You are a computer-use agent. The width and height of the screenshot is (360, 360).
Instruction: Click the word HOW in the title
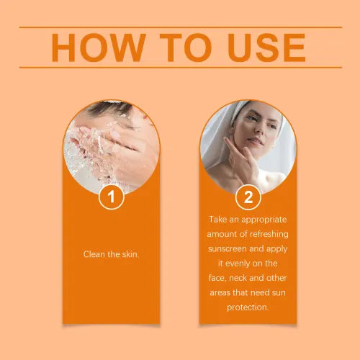[x=99, y=48]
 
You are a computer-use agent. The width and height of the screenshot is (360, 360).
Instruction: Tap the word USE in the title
[x=266, y=48]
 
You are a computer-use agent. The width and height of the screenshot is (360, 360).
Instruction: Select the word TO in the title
[x=186, y=48]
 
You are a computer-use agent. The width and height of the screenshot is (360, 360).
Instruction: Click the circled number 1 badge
[x=111, y=197]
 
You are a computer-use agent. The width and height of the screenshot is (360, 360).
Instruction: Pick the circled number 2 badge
[x=248, y=197]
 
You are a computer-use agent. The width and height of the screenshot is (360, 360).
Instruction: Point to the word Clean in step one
[x=94, y=254]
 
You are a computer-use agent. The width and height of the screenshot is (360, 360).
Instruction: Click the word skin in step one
[x=130, y=254]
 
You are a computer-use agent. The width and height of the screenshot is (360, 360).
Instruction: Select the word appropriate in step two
[x=264, y=220]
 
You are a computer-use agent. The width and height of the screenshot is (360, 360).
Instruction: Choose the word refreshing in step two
[x=268, y=234]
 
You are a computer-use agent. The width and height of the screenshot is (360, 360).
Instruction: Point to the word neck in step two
[x=238, y=278]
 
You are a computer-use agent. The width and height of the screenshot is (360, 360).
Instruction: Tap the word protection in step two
[x=247, y=307]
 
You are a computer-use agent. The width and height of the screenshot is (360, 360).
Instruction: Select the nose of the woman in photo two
[x=258, y=127]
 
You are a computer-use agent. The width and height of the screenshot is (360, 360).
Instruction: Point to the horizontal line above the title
[x=181, y=27]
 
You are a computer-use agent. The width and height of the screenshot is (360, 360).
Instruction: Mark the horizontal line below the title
[x=181, y=68]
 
